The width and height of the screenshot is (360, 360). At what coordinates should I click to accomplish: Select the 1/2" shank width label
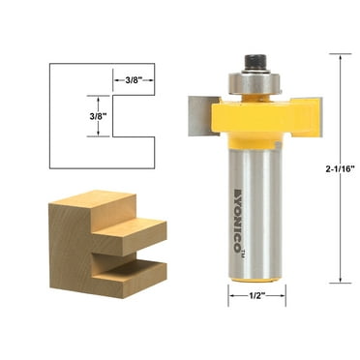[257, 296]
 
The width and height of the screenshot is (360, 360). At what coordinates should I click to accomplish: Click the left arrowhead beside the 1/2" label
[232, 296]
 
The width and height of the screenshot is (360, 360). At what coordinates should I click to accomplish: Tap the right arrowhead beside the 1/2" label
[283, 296]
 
